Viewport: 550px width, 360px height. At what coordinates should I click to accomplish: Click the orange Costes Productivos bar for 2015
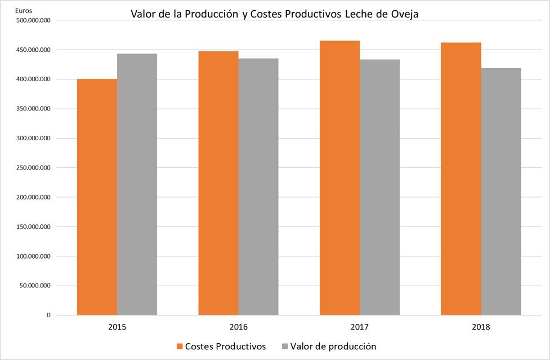pyautogui.click(x=97, y=197)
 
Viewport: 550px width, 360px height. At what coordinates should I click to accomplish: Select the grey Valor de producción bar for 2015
pyautogui.click(x=137, y=184)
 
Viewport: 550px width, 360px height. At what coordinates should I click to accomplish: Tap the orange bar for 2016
pyautogui.click(x=218, y=183)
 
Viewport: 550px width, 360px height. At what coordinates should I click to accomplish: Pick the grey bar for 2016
pyautogui.click(x=258, y=186)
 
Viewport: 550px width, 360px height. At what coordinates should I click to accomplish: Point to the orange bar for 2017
pyautogui.click(x=339, y=178)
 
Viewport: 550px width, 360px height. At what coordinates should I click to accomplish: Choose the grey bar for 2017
pyautogui.click(x=379, y=187)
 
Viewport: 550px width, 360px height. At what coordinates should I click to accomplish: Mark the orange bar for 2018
pyautogui.click(x=460, y=179)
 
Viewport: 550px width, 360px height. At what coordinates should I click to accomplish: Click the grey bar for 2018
pyautogui.click(x=500, y=192)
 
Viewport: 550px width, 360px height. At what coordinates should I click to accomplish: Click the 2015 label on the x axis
pyautogui.click(x=117, y=327)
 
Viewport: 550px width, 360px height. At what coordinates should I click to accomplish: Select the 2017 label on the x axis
pyautogui.click(x=360, y=327)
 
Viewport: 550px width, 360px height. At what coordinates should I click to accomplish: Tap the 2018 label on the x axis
pyautogui.click(x=481, y=327)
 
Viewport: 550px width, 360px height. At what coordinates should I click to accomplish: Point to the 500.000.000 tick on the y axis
pyautogui.click(x=34, y=20)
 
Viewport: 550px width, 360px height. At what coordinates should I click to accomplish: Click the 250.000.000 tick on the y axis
pyautogui.click(x=34, y=168)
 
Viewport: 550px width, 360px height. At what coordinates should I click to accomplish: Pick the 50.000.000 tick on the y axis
pyautogui.click(x=35, y=286)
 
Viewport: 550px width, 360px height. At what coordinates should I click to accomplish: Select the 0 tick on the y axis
pyautogui.click(x=49, y=315)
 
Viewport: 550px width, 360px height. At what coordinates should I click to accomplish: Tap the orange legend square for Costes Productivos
pyautogui.click(x=180, y=346)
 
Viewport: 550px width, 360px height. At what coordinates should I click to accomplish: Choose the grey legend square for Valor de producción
pyautogui.click(x=285, y=346)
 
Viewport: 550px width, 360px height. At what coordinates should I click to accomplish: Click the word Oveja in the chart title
pyautogui.click(x=404, y=14)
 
